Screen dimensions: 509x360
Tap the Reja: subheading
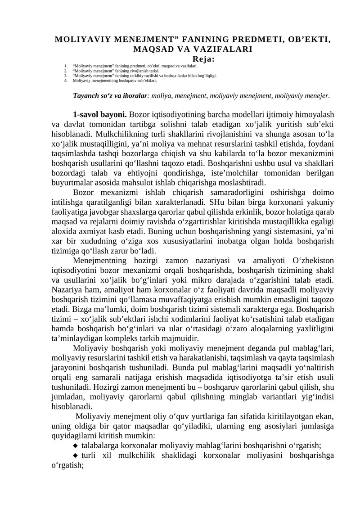pos(203,59)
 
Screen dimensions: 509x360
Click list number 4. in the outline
pos(66,81)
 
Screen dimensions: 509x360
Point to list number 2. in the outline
pos(66,71)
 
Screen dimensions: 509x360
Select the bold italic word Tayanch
pos(86,95)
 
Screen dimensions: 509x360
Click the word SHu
pos(210,202)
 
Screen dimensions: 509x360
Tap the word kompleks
pos(124,338)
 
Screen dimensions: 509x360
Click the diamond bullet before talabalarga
pos(75,446)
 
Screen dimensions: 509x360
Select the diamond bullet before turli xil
pos(75,455)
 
